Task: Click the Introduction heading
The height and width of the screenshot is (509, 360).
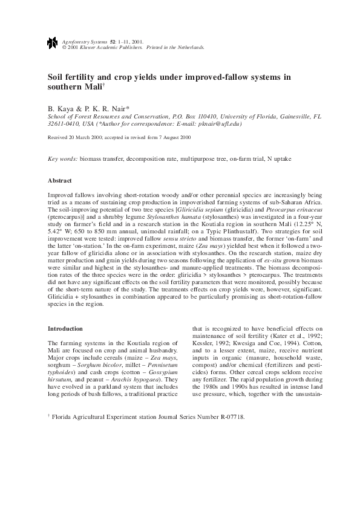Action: [x=65, y=328]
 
